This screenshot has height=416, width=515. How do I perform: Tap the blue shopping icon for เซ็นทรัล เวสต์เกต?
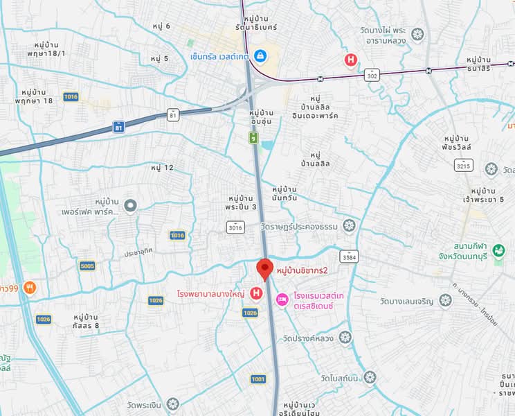tap(260, 55)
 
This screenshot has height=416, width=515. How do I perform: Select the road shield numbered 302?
tap(373, 73)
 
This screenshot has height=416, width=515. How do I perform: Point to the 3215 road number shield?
tap(464, 164)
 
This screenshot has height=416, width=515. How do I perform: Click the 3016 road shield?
tap(235, 227)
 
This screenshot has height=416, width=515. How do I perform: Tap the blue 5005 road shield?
tap(87, 266)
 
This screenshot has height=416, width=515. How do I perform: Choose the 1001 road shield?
tap(258, 379)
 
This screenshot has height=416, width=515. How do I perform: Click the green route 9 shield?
tap(255, 137)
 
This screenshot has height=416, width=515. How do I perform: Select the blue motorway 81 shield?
tap(119, 127)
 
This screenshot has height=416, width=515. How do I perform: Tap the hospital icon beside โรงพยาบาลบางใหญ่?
tap(256, 294)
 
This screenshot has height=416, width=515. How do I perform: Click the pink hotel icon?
tap(282, 300)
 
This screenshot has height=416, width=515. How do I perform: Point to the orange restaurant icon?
tap(29, 287)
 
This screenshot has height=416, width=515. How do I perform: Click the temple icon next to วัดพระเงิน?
tap(172, 403)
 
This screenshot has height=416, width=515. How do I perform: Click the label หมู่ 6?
tap(161, 26)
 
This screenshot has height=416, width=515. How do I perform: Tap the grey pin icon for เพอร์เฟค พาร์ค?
tap(131, 205)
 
